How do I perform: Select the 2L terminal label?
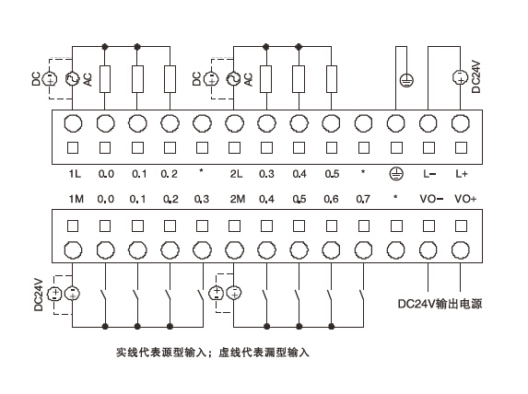[x=235, y=173]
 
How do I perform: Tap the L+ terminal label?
[x=461, y=173]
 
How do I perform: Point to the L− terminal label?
[x=428, y=173]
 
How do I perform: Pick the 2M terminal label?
[x=235, y=199]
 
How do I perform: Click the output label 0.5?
[x=331, y=173]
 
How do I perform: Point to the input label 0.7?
[x=363, y=199]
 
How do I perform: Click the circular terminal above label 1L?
[x=74, y=123]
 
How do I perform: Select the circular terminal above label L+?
[x=461, y=123]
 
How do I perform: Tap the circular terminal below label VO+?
[x=461, y=248]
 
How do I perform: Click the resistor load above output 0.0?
[x=106, y=79]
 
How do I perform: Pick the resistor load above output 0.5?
[x=331, y=79]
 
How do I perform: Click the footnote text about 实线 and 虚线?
[x=212, y=352]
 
